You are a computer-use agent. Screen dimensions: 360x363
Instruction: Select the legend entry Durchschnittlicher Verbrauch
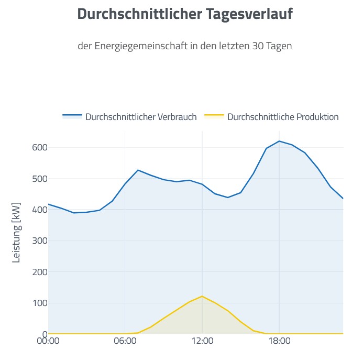pos(141,117)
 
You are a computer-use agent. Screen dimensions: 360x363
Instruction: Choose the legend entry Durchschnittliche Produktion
pos(283,117)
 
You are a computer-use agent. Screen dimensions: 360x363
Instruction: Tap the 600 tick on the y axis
pos(39,147)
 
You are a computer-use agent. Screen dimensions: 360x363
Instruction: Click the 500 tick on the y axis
pos(39,179)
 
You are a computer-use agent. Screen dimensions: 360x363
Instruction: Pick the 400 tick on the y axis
pos(39,210)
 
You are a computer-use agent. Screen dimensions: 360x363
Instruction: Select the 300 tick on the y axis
pos(39,241)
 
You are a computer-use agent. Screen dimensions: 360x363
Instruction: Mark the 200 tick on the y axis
pos(39,272)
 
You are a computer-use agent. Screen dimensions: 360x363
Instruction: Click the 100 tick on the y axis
pos(39,303)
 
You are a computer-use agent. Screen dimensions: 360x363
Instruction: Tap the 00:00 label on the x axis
pos(48,341)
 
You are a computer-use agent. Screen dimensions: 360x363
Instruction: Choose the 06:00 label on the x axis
pos(125,341)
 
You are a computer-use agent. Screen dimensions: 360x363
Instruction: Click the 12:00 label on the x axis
pos(202,341)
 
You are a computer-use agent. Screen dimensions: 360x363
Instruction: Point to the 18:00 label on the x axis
pos(279,341)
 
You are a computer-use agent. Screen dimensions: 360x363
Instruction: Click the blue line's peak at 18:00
pos(279,141)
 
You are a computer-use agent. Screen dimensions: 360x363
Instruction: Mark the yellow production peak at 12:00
pos(202,296)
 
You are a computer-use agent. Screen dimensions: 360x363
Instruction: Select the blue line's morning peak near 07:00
pos(138,170)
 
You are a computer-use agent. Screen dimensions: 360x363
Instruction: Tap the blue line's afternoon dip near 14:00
pos(228,198)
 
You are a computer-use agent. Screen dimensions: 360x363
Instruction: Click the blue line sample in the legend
pos(72,115)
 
